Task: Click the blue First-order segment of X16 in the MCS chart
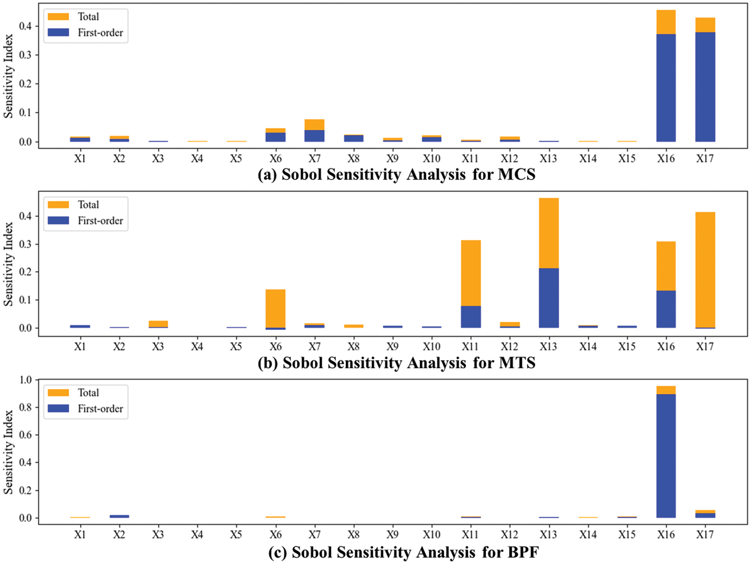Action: pos(666,88)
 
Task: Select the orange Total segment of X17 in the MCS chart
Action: pos(705,25)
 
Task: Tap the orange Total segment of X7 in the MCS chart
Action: pos(314,124)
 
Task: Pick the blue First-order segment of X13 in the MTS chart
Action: pos(549,298)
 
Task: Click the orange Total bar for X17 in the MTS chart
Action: pos(705,270)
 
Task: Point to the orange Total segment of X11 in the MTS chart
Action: pos(471,273)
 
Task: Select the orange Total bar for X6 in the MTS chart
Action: pos(275,308)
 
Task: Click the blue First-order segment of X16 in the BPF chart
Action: pos(666,455)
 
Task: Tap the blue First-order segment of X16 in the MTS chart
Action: pos(666,309)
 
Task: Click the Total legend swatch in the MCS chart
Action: pos(58,17)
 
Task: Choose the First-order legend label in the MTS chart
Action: pos(100,221)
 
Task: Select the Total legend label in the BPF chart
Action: pos(89,393)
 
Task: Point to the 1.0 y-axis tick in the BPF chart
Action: pos(26,380)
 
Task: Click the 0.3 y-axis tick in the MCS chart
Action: pos(26,55)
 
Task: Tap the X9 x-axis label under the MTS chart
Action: pos(393,346)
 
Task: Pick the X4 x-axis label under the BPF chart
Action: pos(197,534)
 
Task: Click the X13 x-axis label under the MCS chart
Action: pos(548,158)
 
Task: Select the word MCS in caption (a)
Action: pos(517,174)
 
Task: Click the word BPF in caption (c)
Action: pos(523,552)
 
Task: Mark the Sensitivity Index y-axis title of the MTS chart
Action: pos(9,264)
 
